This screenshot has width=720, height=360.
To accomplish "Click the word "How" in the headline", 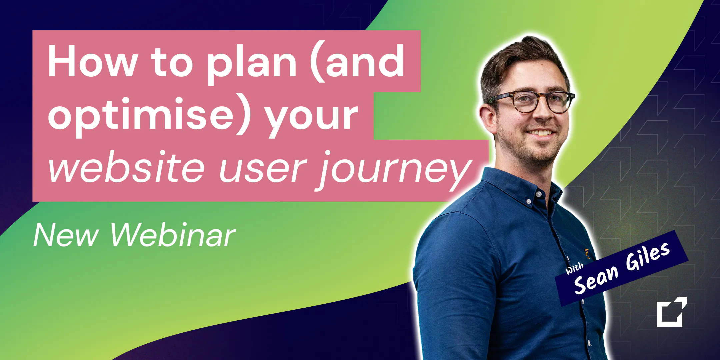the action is coord(93,61).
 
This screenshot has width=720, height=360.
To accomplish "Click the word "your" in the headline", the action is coord(312,120).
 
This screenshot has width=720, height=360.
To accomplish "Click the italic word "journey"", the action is coord(393,171).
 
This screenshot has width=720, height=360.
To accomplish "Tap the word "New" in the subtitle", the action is coord(66,235).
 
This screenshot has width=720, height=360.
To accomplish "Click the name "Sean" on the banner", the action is coord(596,280).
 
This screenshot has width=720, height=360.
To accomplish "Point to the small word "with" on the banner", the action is coord(574,268).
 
